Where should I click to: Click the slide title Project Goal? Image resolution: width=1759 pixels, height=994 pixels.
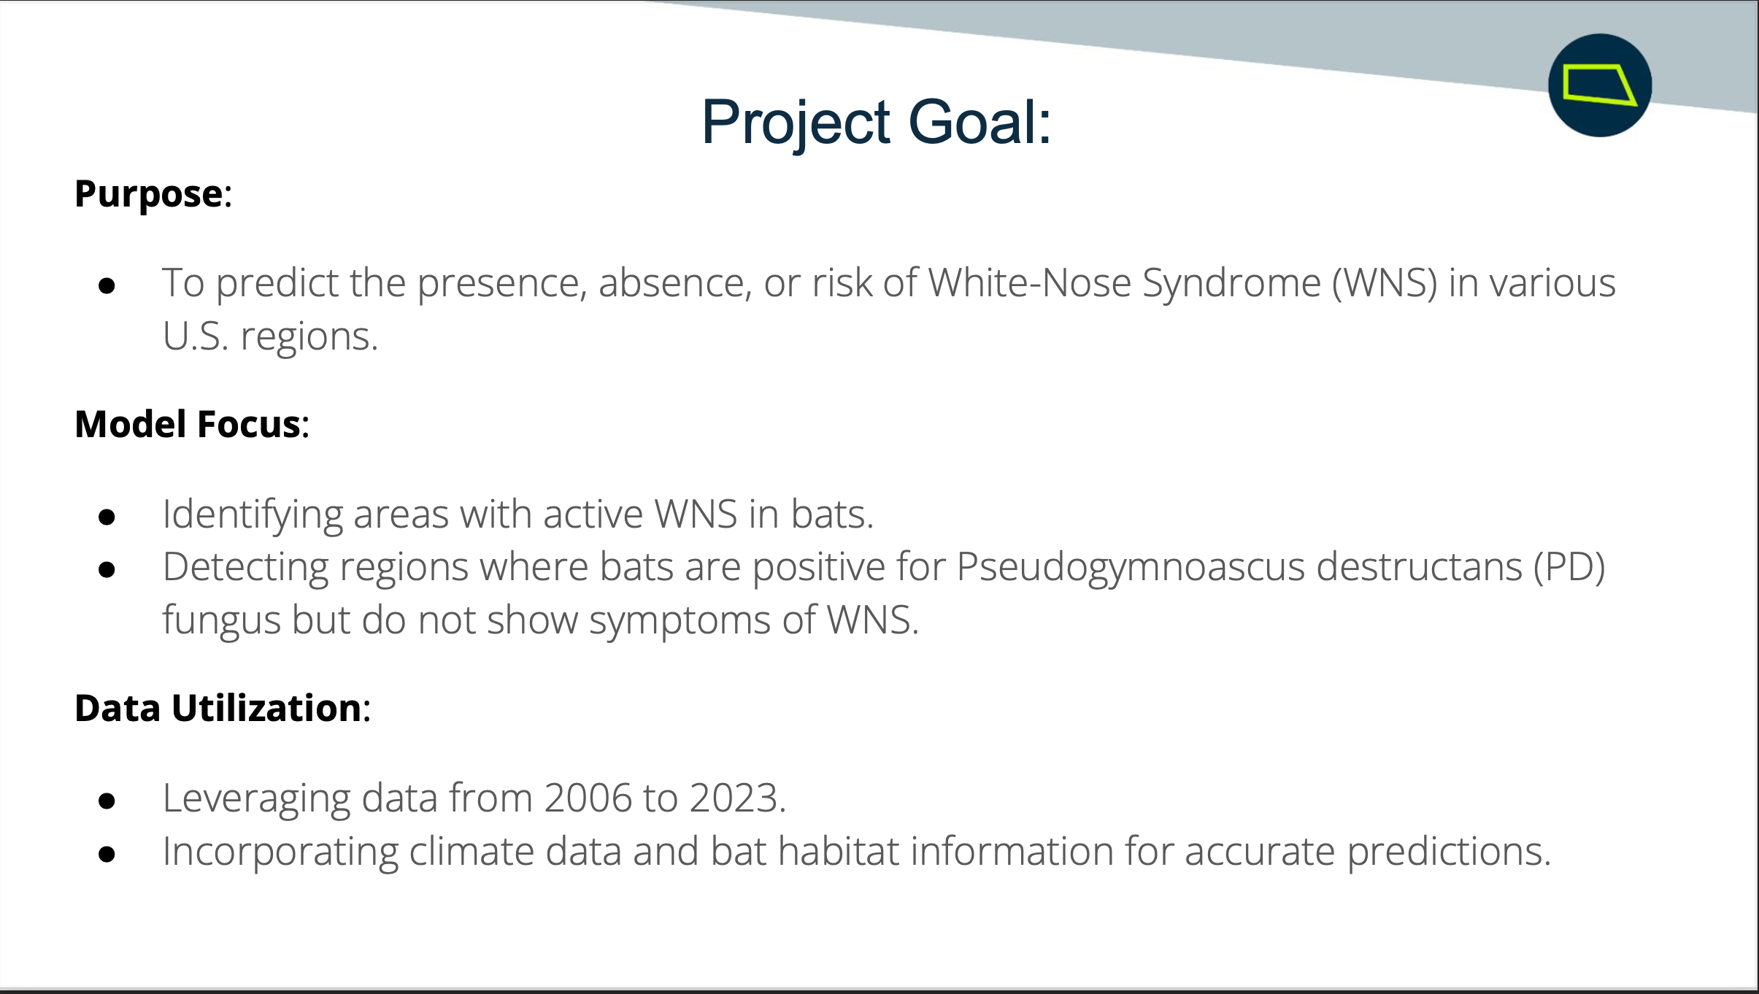pyautogui.click(x=876, y=123)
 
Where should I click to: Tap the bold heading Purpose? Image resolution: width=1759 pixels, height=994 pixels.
pyautogui.click(x=149, y=195)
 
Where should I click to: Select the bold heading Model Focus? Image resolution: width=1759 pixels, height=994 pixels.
pyautogui.click(x=188, y=424)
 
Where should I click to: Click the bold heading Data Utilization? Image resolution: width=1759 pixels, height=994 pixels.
pyautogui.click(x=218, y=708)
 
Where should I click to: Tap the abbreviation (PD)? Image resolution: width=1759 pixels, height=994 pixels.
pyautogui.click(x=1569, y=568)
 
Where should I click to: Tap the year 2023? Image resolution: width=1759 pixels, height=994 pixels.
pyautogui.click(x=733, y=798)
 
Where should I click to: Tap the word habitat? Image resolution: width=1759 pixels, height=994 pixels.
pyautogui.click(x=839, y=851)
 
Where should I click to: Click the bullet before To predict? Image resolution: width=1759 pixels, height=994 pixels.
pyautogui.click(x=107, y=286)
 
